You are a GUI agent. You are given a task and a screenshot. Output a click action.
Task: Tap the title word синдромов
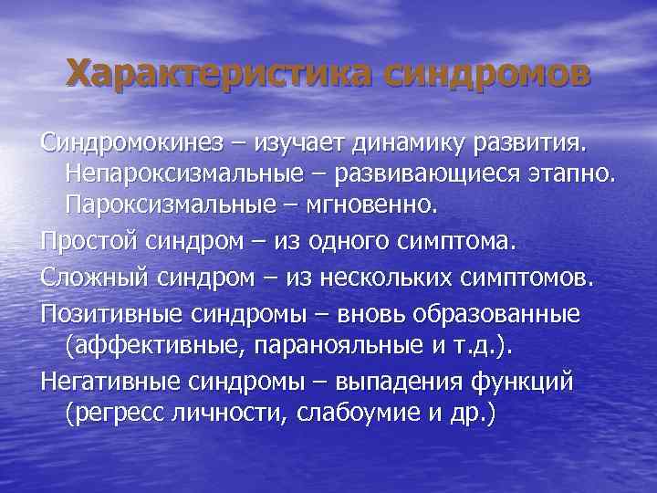point(486,72)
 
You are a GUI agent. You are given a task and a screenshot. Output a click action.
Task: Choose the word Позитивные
point(109,313)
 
